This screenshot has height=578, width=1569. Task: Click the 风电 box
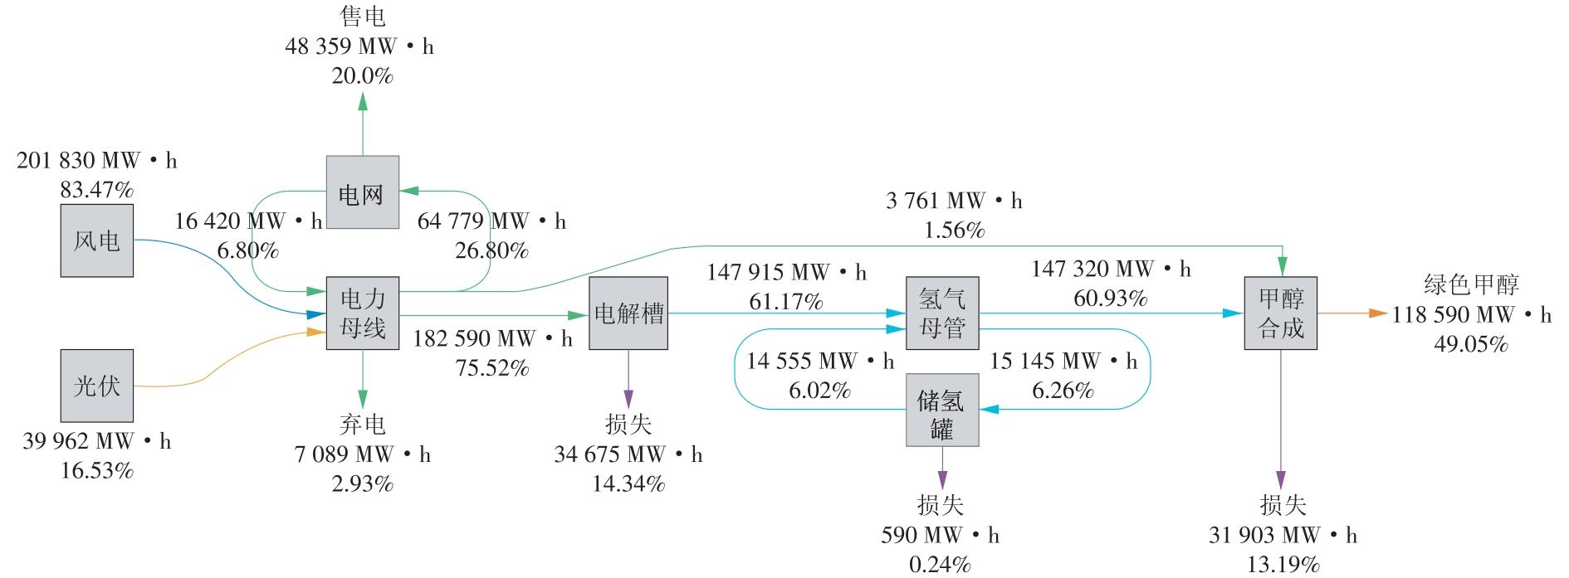coord(96,241)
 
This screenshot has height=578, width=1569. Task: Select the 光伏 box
coord(96,386)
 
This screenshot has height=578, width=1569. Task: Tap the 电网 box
coord(362,192)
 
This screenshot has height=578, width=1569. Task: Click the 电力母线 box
coord(362,313)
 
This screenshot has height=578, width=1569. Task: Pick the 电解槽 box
coord(628,313)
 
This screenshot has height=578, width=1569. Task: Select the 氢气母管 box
coord(941,313)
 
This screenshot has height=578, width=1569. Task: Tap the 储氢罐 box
coord(941,410)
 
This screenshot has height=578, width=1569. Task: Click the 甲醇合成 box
coord(1280,313)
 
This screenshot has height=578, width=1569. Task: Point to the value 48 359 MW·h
coord(359,46)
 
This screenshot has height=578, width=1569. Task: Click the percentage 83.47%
coord(96,190)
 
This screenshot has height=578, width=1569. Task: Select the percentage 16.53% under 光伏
coord(96,471)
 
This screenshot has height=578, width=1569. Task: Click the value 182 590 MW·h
coord(492,338)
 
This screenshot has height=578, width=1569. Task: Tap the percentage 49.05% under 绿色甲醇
coord(1470,344)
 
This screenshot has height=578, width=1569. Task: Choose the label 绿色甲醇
coord(1470,285)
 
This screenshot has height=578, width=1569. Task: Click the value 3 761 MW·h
coord(954,201)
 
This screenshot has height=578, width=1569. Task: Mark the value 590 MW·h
coord(940,535)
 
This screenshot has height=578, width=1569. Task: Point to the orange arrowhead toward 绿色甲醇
coord(1378,313)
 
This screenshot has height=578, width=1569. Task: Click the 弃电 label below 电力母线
coord(362,425)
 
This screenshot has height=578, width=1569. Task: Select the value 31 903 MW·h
coord(1283,535)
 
